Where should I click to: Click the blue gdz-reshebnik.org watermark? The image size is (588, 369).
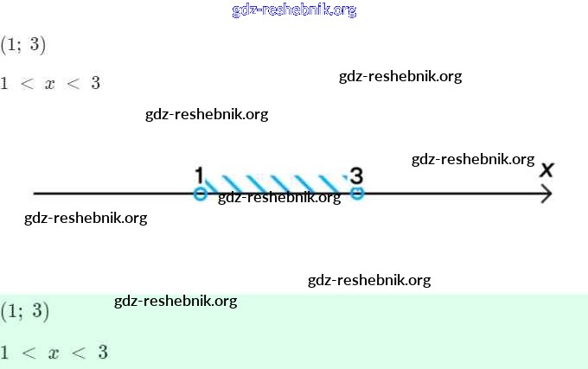[x=294, y=10]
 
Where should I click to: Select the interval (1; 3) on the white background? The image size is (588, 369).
[x=23, y=44]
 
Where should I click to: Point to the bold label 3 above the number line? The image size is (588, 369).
[x=356, y=175]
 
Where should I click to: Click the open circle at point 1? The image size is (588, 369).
[x=200, y=194]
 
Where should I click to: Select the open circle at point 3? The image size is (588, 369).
[x=356, y=194]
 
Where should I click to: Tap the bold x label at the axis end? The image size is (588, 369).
[x=546, y=170]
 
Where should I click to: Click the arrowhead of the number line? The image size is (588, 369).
[x=546, y=194]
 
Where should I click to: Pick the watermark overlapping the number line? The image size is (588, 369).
[x=278, y=198]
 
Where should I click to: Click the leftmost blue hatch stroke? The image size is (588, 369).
[x=210, y=181]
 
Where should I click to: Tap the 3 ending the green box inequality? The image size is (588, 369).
[x=102, y=353]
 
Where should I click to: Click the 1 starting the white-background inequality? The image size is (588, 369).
[x=4, y=84]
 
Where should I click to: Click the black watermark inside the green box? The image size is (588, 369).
[x=176, y=301]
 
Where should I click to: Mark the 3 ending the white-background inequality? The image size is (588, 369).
[x=95, y=84]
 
